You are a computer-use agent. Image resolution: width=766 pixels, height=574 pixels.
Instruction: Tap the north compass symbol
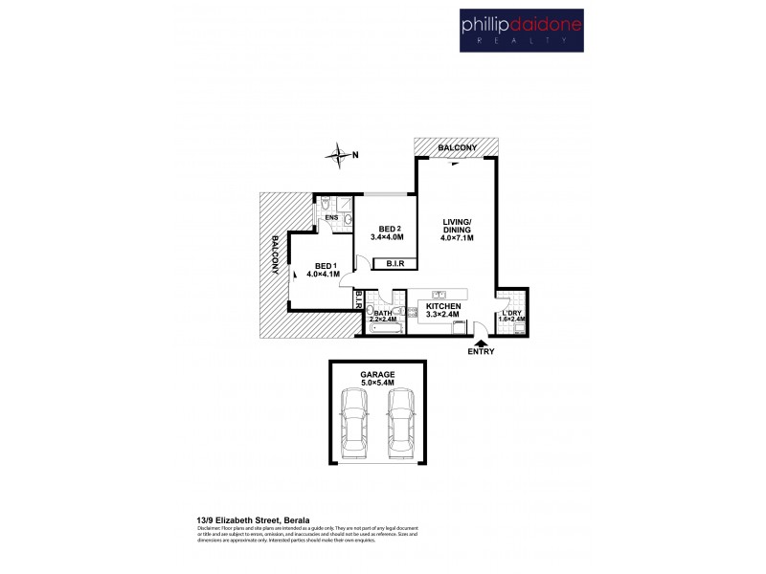(x=338, y=153)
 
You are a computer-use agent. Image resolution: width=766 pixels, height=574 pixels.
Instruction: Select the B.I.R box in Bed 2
(x=394, y=263)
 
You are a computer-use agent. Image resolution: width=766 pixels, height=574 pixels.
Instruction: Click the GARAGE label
(x=377, y=375)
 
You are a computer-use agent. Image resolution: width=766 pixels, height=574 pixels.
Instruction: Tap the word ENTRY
(x=482, y=353)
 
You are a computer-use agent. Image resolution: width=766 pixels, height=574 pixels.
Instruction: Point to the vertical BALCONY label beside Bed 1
(x=276, y=254)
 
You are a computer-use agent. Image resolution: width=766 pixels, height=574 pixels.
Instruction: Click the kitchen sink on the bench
(x=441, y=295)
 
